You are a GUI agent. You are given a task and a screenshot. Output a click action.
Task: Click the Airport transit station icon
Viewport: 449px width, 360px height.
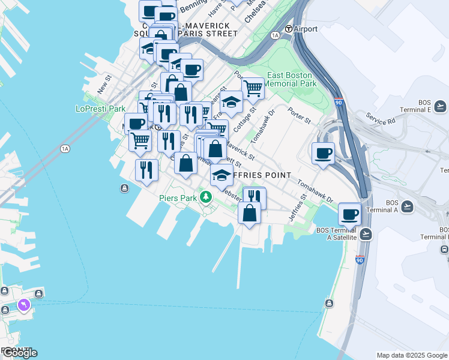[288, 29]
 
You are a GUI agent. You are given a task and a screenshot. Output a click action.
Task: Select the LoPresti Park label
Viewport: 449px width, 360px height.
[100, 109]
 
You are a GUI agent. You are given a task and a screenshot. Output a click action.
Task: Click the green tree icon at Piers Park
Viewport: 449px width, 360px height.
[206, 196]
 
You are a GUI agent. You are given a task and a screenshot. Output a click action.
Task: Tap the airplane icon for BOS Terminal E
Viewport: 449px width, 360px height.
[440, 106]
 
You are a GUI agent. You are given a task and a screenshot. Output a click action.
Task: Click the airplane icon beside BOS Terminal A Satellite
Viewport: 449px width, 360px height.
[366, 234]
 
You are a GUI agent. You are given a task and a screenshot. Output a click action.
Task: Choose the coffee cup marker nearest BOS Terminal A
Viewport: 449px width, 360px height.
[349, 213]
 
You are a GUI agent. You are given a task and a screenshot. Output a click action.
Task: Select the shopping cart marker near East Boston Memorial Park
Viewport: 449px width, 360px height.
[253, 88]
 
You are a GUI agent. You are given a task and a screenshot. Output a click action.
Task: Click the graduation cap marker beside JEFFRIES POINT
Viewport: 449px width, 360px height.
[221, 175]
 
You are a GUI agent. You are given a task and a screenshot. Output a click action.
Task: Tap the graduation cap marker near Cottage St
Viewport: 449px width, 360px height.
[231, 102]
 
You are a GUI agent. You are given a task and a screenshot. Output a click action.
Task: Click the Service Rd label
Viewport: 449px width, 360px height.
[381, 119]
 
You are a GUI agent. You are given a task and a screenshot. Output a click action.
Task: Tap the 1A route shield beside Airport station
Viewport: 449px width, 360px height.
[276, 35]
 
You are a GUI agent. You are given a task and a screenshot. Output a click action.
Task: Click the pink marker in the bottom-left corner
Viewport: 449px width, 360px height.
[24, 305]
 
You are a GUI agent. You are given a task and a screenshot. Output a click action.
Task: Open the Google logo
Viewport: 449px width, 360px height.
[19, 352]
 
